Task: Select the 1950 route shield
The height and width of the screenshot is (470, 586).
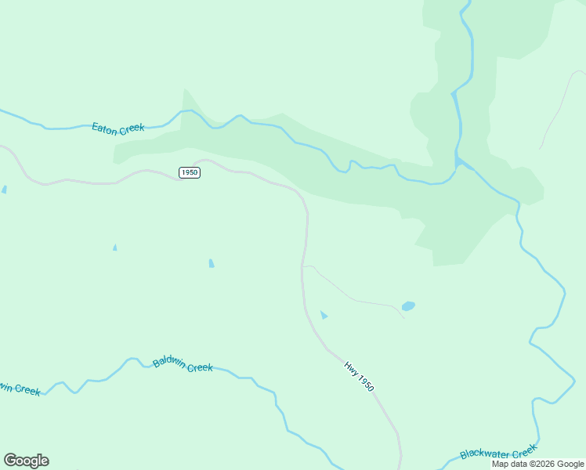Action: [x=189, y=172]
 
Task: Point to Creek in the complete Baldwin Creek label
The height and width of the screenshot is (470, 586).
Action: [x=201, y=367]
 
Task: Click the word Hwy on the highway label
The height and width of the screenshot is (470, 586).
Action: [x=351, y=368]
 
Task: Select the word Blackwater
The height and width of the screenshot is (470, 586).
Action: [x=485, y=453]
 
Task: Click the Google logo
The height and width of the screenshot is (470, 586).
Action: [x=26, y=461]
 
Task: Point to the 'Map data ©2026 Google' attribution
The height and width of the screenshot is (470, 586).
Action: [x=538, y=464]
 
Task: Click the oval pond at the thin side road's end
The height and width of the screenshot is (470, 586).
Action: [x=408, y=306]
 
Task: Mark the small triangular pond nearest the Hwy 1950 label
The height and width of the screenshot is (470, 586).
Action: [x=324, y=315]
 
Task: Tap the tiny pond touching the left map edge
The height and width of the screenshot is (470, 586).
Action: [x=4, y=190]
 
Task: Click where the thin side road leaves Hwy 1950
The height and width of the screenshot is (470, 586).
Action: [x=303, y=267]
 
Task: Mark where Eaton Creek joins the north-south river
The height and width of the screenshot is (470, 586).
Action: [x=457, y=165]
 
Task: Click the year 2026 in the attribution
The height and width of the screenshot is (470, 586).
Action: [x=544, y=464]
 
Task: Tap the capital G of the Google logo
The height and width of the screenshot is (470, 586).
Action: [x=10, y=461]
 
